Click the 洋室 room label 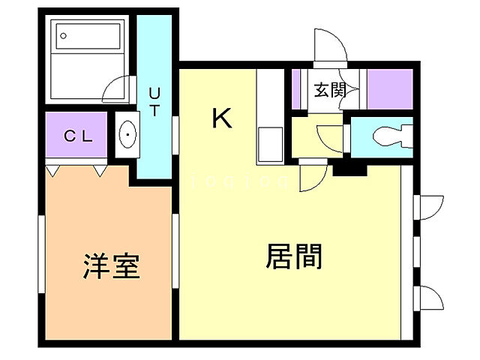pos(111,265)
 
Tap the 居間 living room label pos(294,256)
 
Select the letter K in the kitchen pos(222,118)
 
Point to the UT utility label pos(154,102)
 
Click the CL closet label pos(78,136)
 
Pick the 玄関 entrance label pos(329,91)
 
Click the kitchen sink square pos(268,143)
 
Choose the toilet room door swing pos(330,138)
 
